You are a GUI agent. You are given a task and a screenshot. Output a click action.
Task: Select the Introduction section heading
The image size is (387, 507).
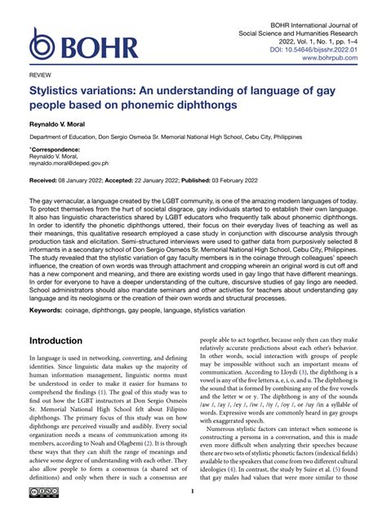tap(66, 339)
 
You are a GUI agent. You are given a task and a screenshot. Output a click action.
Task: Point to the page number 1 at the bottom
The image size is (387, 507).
tap(193, 491)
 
